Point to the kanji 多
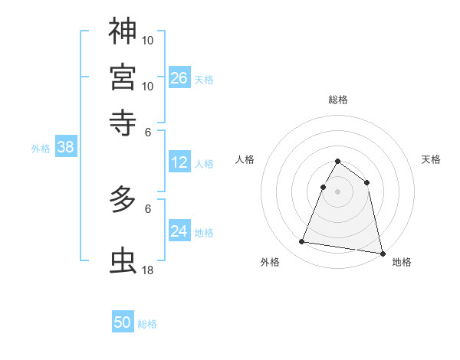[123, 201]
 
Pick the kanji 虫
[123, 260]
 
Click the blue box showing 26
[179, 77]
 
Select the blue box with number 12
[179, 162]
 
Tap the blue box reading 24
[179, 231]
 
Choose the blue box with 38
[65, 148]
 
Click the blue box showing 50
[123, 322]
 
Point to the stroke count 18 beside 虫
[148, 270]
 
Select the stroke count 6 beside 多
[148, 208]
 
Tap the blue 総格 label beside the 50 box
[147, 324]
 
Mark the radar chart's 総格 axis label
[337, 100]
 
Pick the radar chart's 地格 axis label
[402, 262]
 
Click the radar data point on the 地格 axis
[382, 252]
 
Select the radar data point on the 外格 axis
[302, 242]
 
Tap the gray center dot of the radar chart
[337, 191]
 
